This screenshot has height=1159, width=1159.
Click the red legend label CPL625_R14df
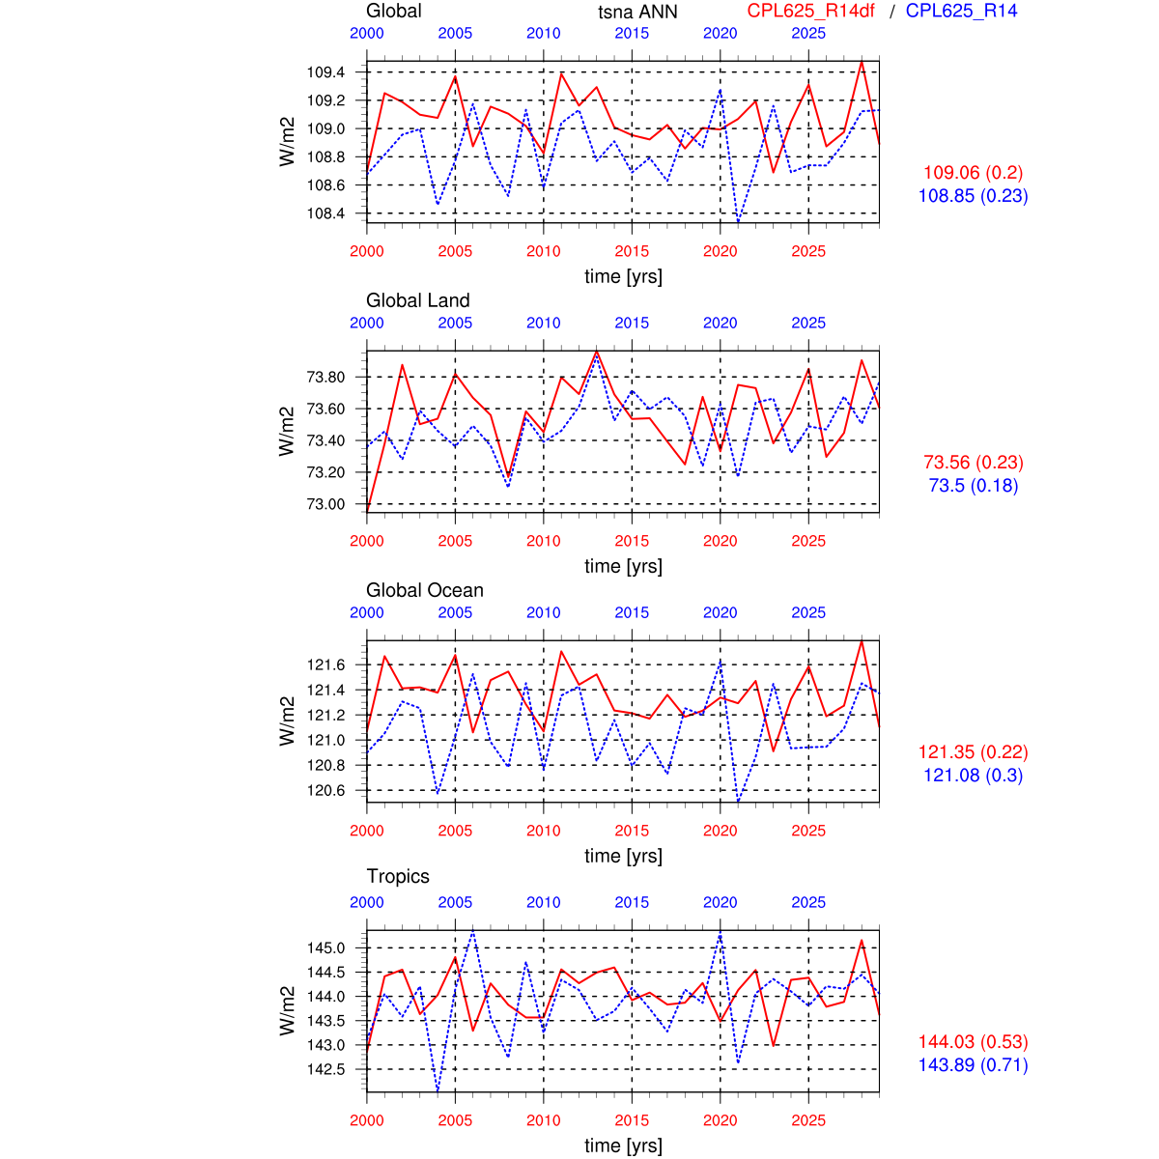pos(810,12)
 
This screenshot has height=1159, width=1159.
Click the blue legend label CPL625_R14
pos(961,12)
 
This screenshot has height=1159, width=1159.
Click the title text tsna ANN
pos(637,12)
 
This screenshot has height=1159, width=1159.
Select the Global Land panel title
pos(417,300)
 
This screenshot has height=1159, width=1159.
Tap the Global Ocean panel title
pos(424,590)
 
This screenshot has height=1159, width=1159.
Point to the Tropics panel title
pos(398,876)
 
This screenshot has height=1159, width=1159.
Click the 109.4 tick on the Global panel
pos(325,72)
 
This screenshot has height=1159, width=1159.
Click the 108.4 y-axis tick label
pos(325,213)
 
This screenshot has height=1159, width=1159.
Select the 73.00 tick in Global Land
pos(325,504)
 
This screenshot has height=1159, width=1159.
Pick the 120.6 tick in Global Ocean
pos(325,790)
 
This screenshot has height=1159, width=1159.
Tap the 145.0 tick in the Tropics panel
pos(325,947)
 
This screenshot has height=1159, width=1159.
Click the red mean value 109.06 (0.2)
pos(973,173)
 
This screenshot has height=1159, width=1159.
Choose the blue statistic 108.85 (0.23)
pos(973,196)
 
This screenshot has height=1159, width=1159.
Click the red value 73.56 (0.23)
pos(973,463)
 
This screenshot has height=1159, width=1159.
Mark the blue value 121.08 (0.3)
pos(973,776)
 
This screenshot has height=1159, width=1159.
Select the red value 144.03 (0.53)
pos(973,1042)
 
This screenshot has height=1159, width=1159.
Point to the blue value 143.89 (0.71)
pos(973,1065)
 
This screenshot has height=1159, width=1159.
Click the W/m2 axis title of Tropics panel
pos(287,1010)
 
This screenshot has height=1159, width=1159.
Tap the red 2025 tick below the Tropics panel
pos(808,1120)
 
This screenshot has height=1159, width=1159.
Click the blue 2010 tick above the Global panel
pos(544,33)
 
